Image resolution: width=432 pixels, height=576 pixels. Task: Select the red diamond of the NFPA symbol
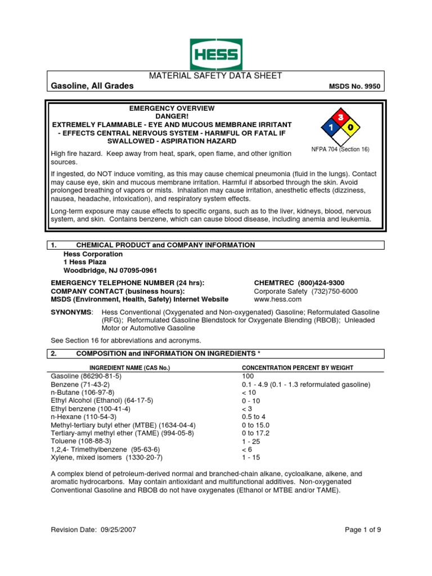click(x=340, y=117)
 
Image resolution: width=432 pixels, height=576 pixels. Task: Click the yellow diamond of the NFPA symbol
click(x=350, y=128)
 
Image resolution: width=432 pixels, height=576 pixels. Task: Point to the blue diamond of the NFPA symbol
click(x=330, y=128)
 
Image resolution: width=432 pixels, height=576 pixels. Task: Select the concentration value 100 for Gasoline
click(x=248, y=376)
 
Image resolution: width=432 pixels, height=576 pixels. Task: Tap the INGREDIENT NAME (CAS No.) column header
click(x=130, y=367)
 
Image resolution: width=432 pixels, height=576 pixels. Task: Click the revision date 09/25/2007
click(x=115, y=529)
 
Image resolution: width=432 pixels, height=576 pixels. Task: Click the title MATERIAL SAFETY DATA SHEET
click(x=215, y=76)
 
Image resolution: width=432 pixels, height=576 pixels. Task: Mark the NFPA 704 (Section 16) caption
click(x=340, y=150)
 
